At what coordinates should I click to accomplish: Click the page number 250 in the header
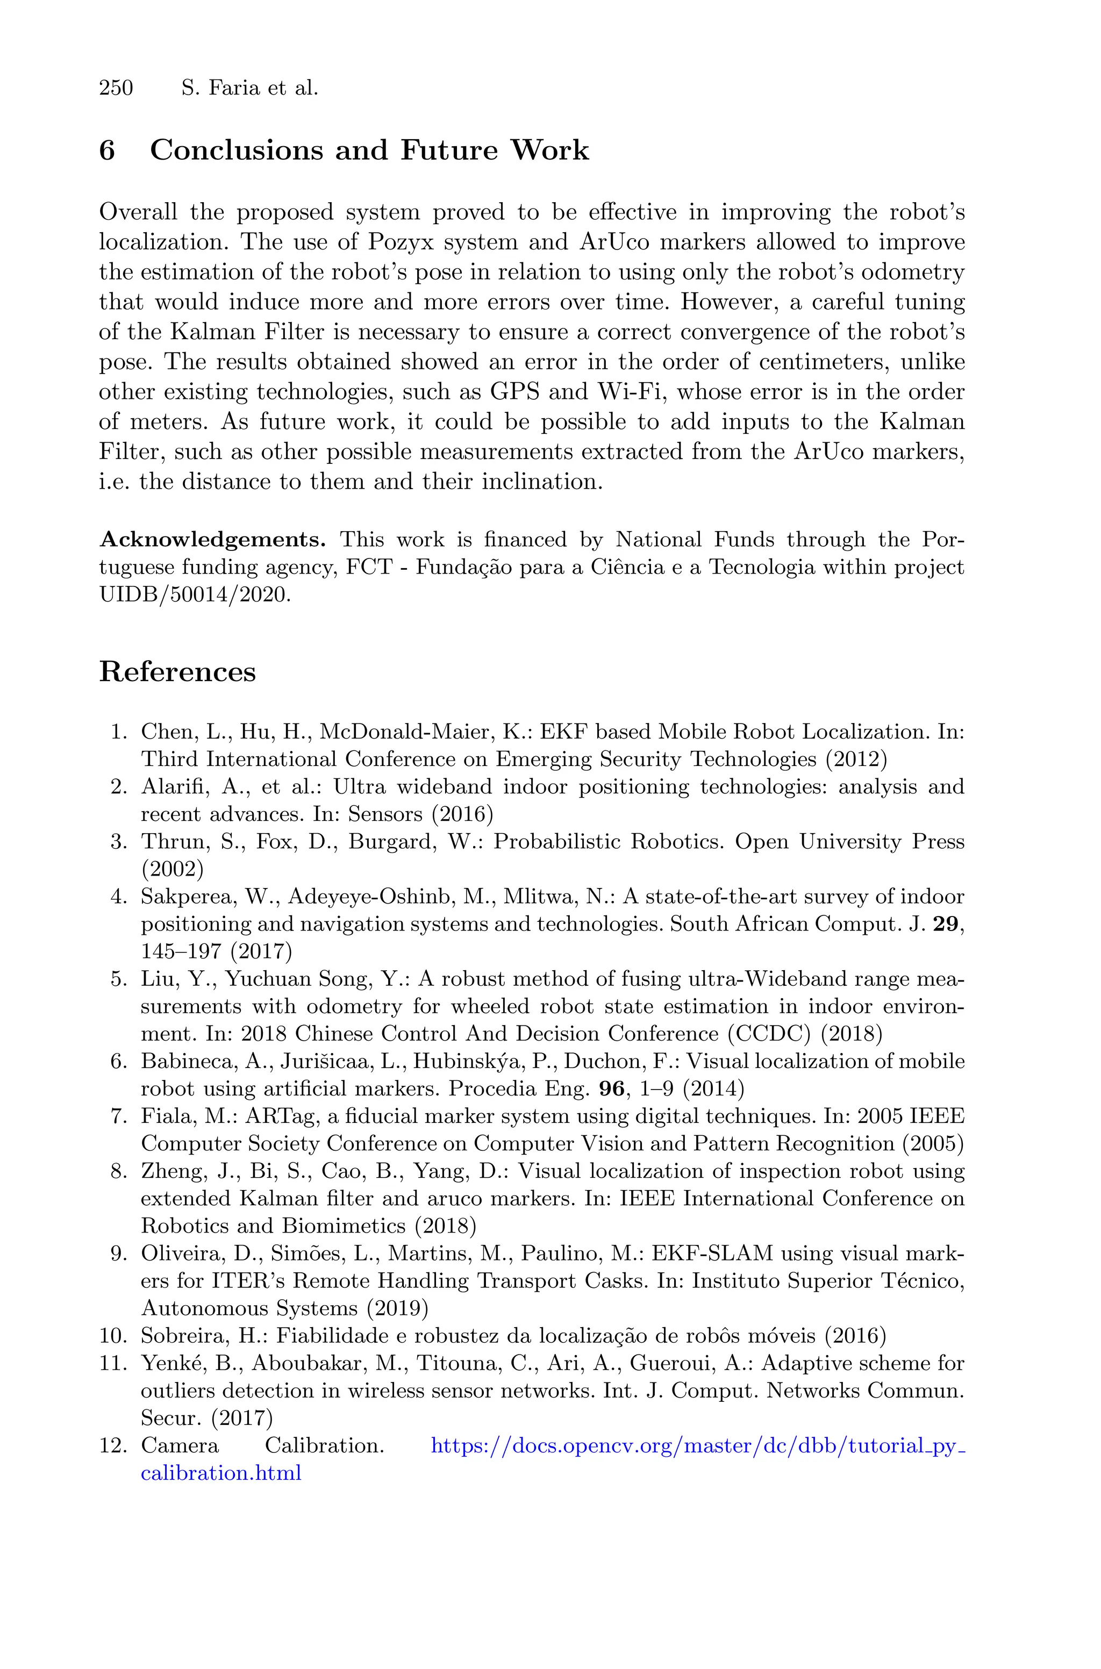point(116,89)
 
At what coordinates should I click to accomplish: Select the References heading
point(177,672)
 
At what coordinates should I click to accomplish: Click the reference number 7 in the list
point(117,1116)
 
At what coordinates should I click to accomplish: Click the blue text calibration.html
point(220,1473)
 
